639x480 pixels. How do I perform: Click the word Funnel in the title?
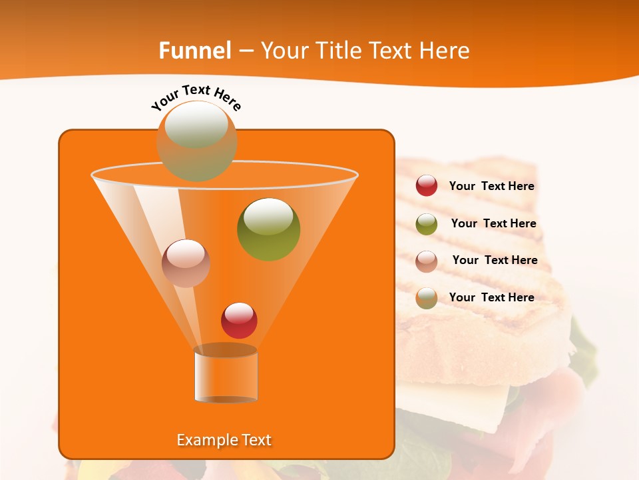pos(194,51)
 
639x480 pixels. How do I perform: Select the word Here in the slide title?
pos(444,51)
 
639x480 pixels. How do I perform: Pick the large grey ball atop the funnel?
pos(196,141)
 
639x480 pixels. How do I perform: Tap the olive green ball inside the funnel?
pos(269,229)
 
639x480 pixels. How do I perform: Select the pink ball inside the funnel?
pos(186,263)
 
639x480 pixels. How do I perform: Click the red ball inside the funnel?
pos(240,320)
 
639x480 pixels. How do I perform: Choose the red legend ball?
pos(427,186)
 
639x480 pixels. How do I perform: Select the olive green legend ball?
pos(427,224)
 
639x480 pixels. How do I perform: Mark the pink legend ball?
pos(427,261)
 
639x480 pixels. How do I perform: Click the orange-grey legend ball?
pos(427,298)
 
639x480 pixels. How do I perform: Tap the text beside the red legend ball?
pos(491,186)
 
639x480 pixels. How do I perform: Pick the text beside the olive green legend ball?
pos(493,223)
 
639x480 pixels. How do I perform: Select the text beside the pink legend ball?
pos(495,260)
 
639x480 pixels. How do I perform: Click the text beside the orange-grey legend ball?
pos(491,297)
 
